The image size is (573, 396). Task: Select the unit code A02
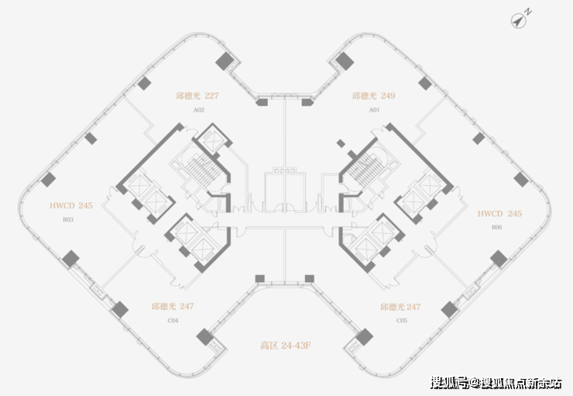coord(198,111)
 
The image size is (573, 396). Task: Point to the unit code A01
coord(374,111)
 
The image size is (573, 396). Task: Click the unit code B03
coord(68,220)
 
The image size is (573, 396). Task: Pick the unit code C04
coord(173,320)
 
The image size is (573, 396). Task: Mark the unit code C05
coord(401,320)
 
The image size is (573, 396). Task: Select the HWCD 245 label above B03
coord(70,206)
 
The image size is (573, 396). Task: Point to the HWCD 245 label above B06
coord(499,213)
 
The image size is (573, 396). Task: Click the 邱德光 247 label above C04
coord(173,307)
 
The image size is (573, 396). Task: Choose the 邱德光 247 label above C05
coord(401,307)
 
